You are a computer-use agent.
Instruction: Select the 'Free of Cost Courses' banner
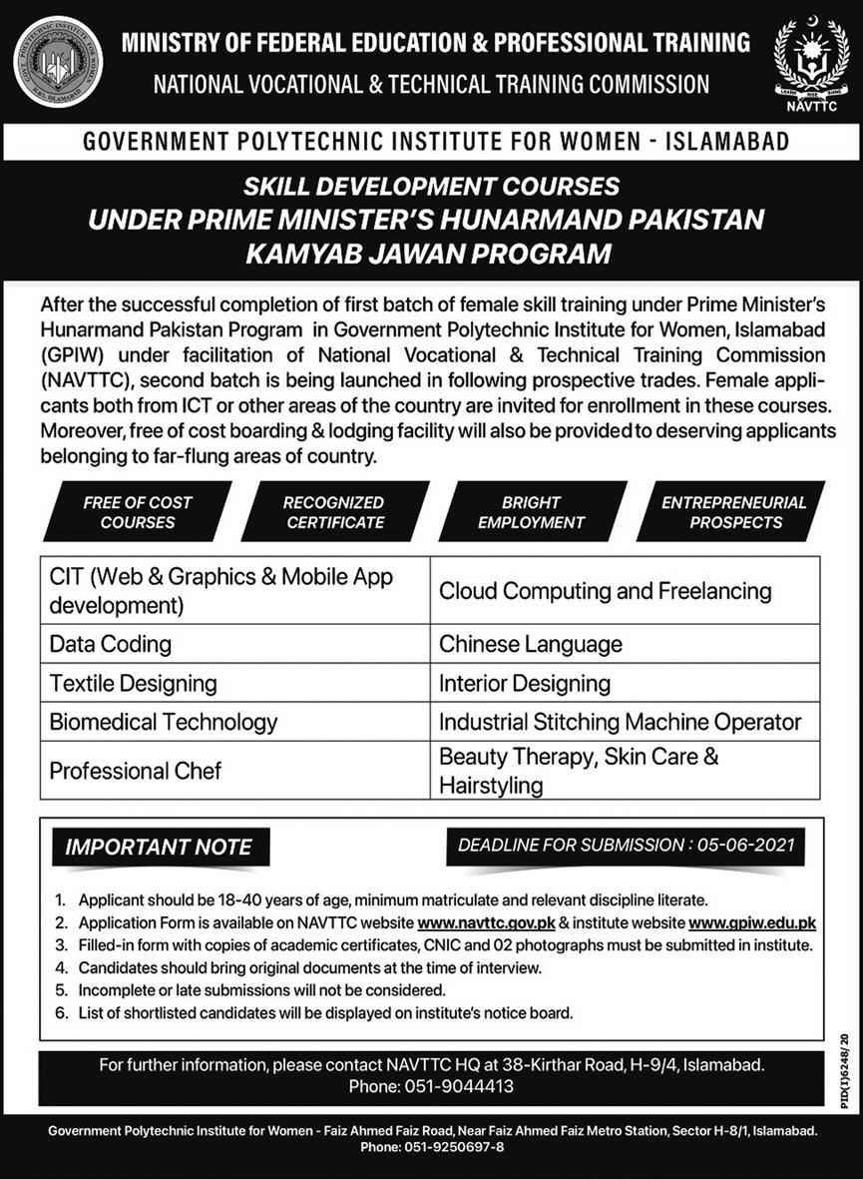tap(138, 512)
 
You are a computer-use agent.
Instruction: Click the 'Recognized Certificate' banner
tap(334, 512)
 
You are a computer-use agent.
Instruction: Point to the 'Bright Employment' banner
tap(531, 512)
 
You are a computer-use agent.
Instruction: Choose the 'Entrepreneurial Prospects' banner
tap(733, 512)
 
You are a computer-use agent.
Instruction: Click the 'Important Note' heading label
tap(159, 849)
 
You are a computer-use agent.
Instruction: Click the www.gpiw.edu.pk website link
tap(753, 922)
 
